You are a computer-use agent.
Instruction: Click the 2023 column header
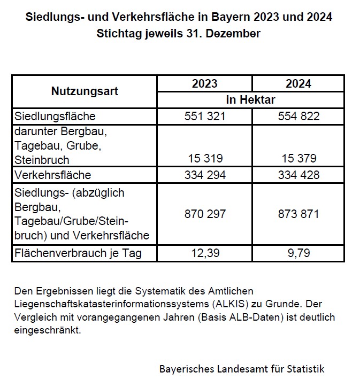pyautogui.click(x=204, y=84)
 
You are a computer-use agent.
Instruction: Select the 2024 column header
pyautogui.click(x=298, y=84)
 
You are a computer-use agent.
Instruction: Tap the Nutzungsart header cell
pyautogui.click(x=85, y=91)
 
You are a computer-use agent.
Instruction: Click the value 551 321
pyautogui.click(x=204, y=116)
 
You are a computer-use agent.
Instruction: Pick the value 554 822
pyautogui.click(x=298, y=116)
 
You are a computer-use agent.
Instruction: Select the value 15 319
pyautogui.click(x=204, y=159)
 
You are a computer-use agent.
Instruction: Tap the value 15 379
pyautogui.click(x=298, y=159)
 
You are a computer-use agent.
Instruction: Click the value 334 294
pyautogui.click(x=204, y=175)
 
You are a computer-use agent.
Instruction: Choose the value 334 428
pyautogui.click(x=298, y=175)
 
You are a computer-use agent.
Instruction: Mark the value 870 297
pyautogui.click(x=204, y=214)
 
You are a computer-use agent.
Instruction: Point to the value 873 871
pyautogui.click(x=298, y=214)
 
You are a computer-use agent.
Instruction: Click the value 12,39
pyautogui.click(x=204, y=253)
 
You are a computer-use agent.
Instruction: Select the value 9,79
pyautogui.click(x=298, y=253)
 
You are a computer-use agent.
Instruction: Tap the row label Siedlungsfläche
pyautogui.click(x=56, y=116)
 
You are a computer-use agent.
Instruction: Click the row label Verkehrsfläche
pyautogui.click(x=53, y=175)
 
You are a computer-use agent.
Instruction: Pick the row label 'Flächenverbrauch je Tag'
pyautogui.click(x=78, y=253)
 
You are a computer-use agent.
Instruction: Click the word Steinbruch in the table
pyautogui.click(x=42, y=159)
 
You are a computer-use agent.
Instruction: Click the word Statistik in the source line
pyautogui.click(x=304, y=369)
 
